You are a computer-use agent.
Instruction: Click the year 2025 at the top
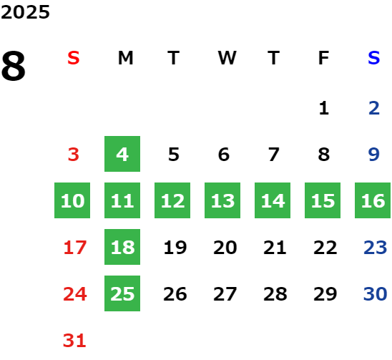(25, 12)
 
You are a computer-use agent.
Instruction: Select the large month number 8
(14, 66)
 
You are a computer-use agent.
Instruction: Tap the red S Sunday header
(74, 58)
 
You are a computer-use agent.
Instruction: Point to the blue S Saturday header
(373, 58)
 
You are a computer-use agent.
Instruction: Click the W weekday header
(227, 58)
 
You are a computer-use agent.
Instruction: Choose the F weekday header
(323, 58)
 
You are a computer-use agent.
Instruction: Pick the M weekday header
(125, 58)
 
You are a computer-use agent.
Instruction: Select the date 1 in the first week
(324, 108)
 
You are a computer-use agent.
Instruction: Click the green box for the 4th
(122, 154)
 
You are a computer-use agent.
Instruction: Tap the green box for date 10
(72, 200)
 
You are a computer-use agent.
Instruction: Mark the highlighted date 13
(222, 200)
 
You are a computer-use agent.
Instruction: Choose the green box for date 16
(373, 200)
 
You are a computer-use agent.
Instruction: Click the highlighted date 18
(122, 247)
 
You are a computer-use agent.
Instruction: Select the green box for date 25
(122, 293)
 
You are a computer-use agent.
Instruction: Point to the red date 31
(74, 341)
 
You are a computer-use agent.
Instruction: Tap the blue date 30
(375, 293)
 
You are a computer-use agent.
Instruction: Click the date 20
(225, 248)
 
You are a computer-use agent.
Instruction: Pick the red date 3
(74, 155)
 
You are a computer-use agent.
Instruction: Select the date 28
(275, 293)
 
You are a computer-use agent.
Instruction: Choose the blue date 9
(374, 155)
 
